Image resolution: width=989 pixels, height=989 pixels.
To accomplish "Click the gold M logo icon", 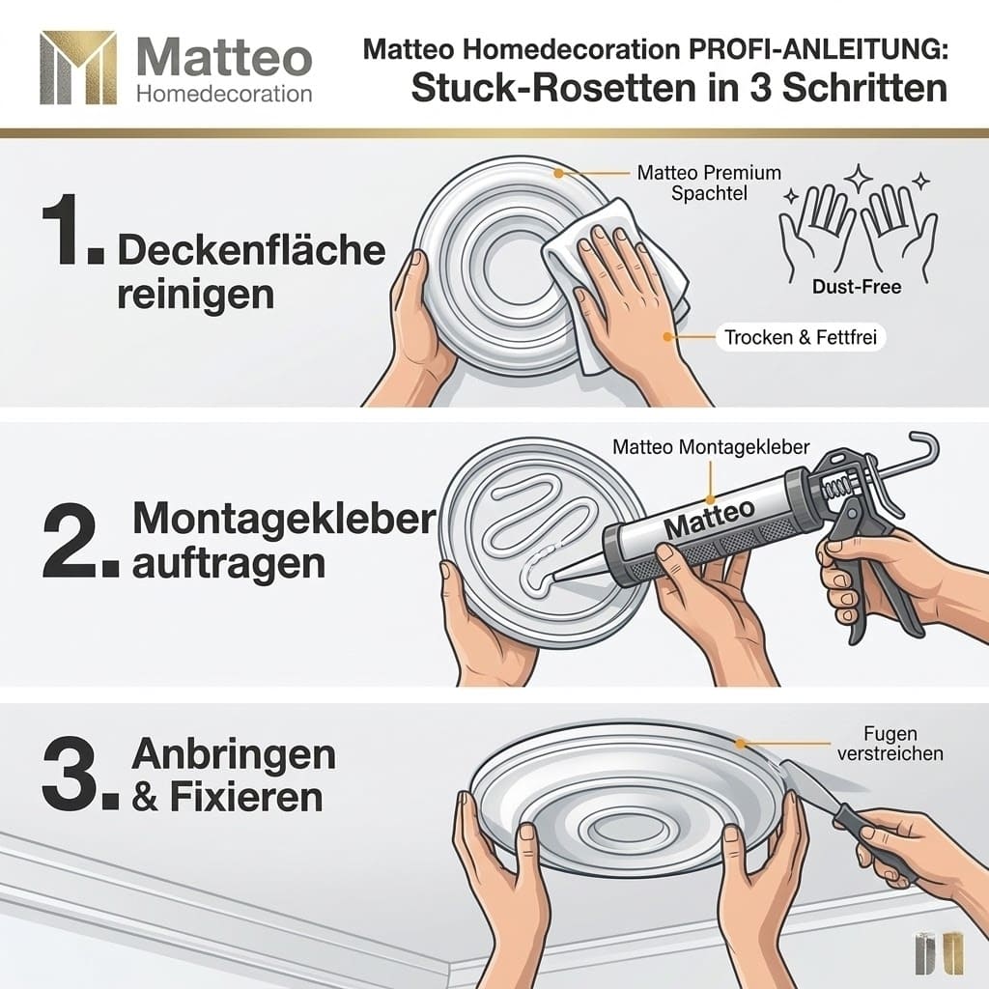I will tap(78, 67).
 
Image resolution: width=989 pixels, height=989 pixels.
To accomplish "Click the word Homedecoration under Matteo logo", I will tap(224, 94).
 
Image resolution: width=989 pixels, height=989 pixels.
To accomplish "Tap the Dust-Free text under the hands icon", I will tap(858, 287).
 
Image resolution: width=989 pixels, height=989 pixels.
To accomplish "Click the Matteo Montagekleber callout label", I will tap(711, 447).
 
